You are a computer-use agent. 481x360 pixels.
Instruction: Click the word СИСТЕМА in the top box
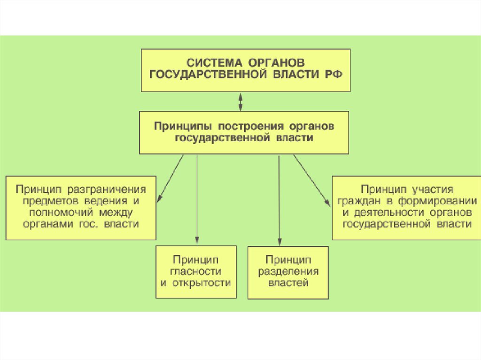(x=214, y=63)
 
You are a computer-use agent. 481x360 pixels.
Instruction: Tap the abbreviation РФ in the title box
(x=333, y=75)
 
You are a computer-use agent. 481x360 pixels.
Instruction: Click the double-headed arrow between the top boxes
(x=240, y=102)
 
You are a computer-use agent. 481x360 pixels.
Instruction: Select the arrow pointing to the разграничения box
(x=170, y=178)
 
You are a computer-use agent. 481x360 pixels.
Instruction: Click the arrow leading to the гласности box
(x=197, y=199)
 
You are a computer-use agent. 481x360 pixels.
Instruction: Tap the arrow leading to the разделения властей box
(x=279, y=200)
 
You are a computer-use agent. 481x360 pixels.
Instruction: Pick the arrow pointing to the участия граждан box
(x=312, y=180)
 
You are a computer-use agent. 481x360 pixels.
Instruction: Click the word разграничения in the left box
(x=107, y=190)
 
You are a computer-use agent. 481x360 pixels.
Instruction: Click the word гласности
(x=196, y=271)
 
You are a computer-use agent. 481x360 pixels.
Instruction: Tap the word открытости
(x=202, y=283)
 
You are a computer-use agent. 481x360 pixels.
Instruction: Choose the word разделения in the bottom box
(x=288, y=272)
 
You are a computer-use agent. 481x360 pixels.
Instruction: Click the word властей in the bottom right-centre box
(x=288, y=283)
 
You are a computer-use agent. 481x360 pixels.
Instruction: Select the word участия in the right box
(x=433, y=190)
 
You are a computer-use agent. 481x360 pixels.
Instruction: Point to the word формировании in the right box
(x=438, y=201)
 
